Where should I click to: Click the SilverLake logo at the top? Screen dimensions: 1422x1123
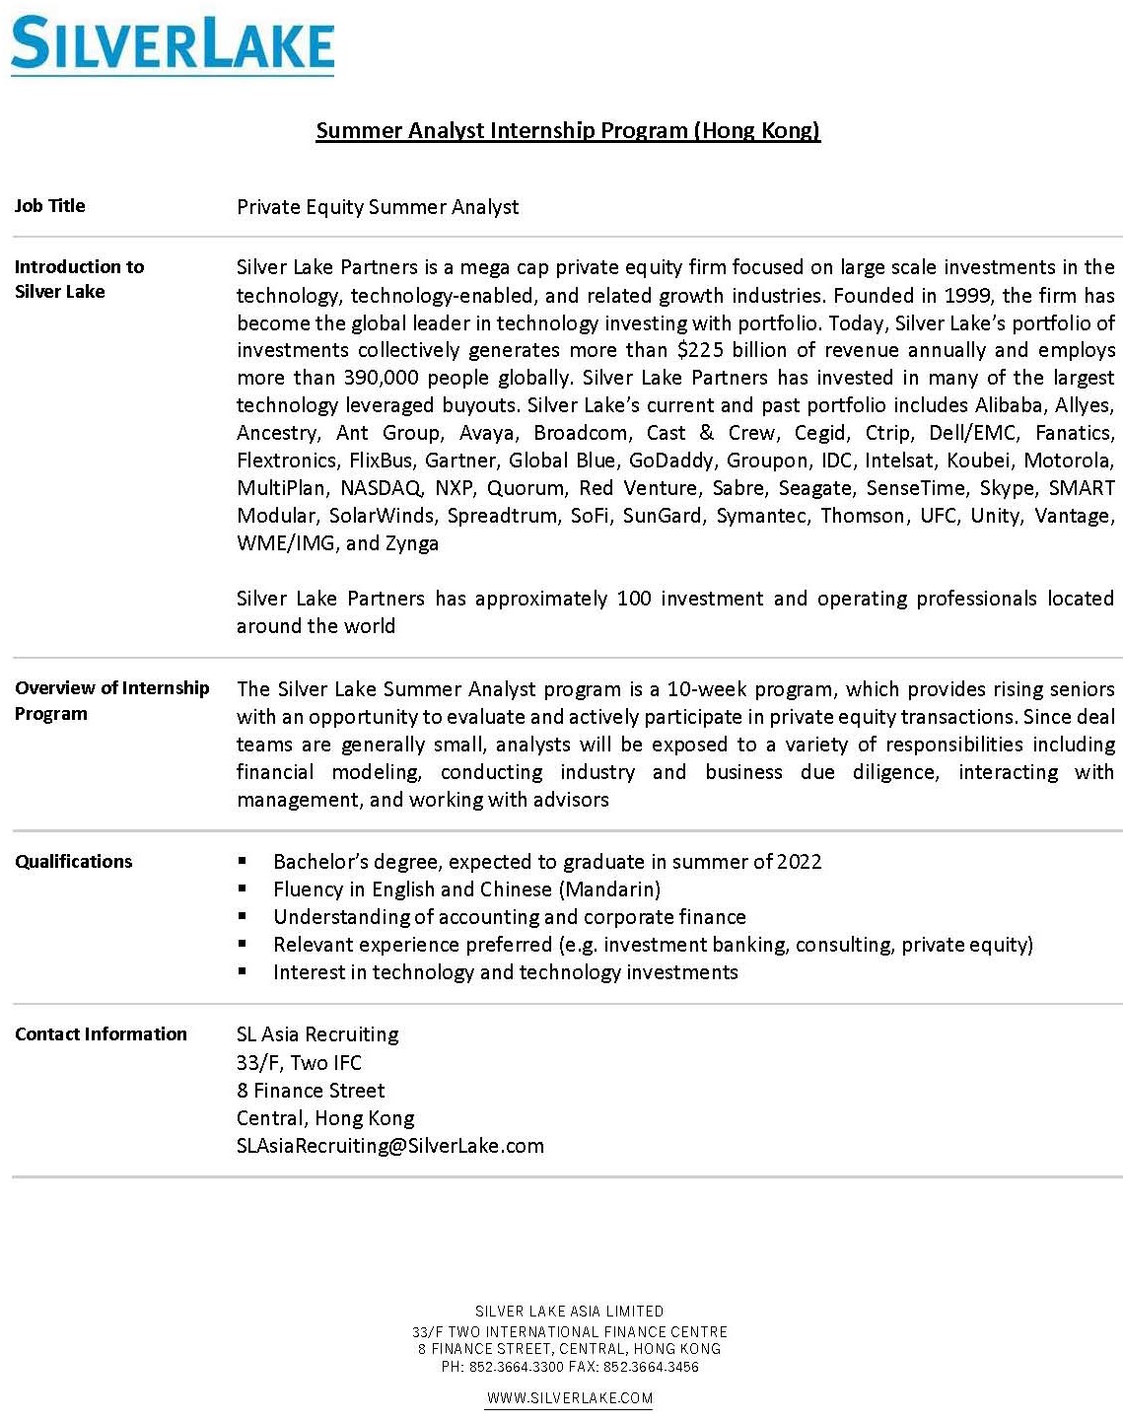click(173, 44)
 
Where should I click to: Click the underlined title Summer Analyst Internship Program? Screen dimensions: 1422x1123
click(567, 130)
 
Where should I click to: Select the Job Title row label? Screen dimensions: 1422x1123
click(50, 205)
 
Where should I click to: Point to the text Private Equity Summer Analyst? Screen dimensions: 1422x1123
click(378, 207)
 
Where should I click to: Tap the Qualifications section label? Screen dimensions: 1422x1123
click(74, 861)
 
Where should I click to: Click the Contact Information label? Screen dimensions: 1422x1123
click(101, 1033)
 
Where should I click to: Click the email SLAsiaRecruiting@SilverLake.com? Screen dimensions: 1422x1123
click(390, 1145)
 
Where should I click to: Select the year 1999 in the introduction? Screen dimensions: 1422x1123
click(967, 295)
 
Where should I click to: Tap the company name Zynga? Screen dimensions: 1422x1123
click(412, 543)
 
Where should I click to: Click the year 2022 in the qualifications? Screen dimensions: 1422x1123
click(799, 861)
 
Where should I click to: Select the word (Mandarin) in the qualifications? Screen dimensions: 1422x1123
click(609, 889)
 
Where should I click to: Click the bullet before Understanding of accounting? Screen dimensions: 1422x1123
click(243, 916)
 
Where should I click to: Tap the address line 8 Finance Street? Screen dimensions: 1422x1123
click(311, 1090)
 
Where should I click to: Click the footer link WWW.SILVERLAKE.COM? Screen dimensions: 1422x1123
click(570, 1397)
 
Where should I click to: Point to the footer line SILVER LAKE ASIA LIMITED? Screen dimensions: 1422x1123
click(570, 1311)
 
